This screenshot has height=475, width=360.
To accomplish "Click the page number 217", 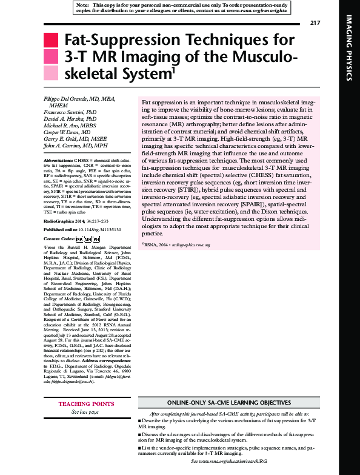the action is (314, 23).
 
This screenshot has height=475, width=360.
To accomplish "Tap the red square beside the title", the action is (52, 41).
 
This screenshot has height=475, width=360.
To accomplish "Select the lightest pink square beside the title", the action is (52, 74).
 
